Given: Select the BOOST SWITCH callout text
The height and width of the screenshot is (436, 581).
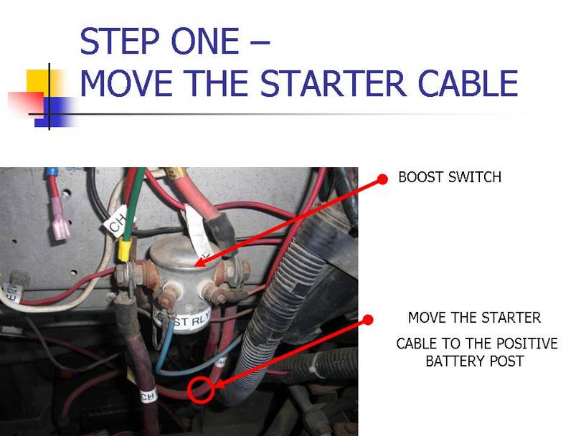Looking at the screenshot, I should [x=450, y=177].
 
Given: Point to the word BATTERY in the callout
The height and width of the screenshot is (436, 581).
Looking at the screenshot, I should [x=476, y=361].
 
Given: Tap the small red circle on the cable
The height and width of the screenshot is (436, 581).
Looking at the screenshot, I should [x=202, y=389].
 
